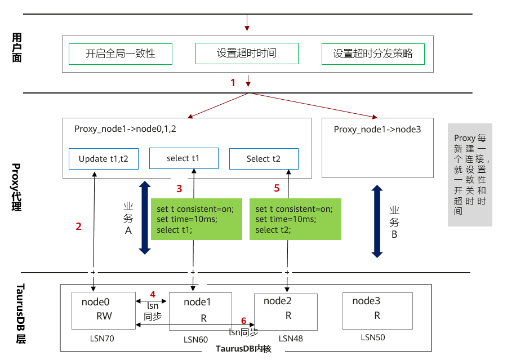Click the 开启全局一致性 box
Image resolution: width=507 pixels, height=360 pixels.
point(121,54)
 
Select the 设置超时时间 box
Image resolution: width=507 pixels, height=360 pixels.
point(246,54)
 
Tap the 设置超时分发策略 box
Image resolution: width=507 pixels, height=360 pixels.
point(373,54)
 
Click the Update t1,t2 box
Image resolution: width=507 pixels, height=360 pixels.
point(104,159)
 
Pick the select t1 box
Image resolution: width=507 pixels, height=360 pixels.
point(183,158)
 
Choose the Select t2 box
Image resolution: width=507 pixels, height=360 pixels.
point(263,159)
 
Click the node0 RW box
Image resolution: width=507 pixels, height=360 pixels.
point(103,310)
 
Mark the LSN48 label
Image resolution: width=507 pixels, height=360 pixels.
point(291,339)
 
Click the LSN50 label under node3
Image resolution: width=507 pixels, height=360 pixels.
point(373,337)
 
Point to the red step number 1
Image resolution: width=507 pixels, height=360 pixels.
point(233,83)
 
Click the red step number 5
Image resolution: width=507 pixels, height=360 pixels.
point(277,188)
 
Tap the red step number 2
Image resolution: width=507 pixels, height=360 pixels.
point(79,226)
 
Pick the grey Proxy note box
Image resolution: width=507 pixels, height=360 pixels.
point(470,175)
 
